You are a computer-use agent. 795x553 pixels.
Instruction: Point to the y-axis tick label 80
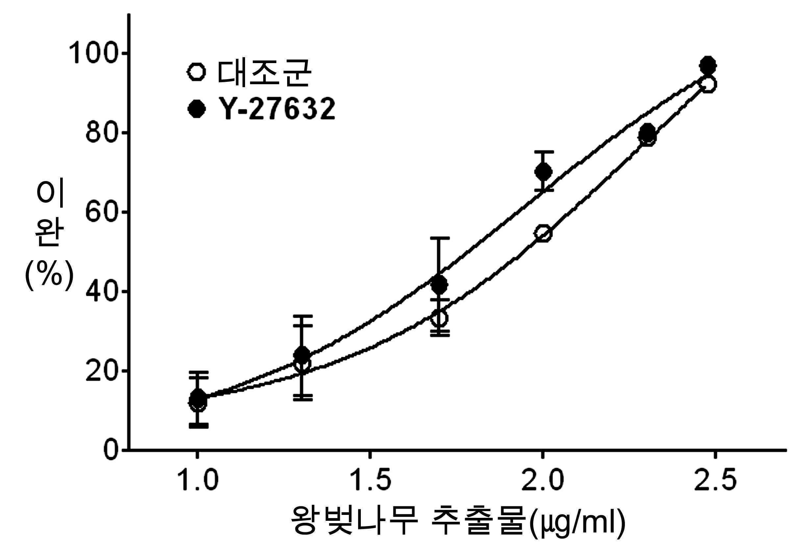[x=103, y=132]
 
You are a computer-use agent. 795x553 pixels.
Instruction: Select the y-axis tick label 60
[x=103, y=212]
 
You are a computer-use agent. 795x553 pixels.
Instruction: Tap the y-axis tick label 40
[x=103, y=291]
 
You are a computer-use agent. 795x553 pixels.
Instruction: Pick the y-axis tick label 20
[x=103, y=370]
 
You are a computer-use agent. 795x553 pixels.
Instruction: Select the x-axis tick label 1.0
[x=198, y=480]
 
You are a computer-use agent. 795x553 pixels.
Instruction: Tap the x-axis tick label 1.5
[x=370, y=480]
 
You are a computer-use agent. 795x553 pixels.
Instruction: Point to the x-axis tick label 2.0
[x=543, y=480]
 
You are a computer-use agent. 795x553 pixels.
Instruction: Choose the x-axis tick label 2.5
[x=715, y=480]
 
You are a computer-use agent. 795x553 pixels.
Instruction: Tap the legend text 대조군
[x=264, y=73]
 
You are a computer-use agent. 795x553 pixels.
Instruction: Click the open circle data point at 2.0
[x=543, y=233]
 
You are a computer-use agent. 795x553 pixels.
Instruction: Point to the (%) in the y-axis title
[x=49, y=276]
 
